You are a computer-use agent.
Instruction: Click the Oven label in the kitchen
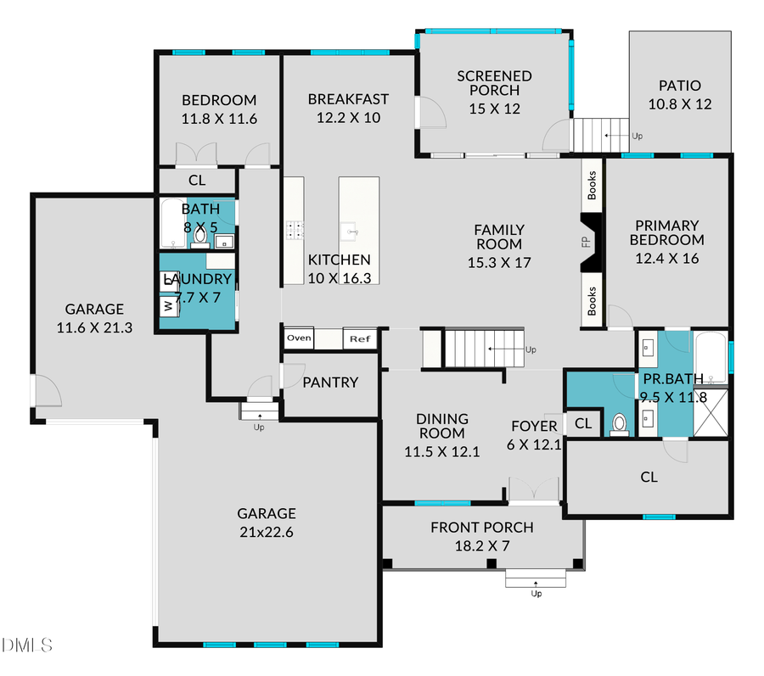click(299, 338)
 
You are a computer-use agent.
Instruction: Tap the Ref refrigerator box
click(358, 339)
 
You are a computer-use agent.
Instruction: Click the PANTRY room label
click(330, 383)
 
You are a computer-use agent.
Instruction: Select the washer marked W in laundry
click(168, 304)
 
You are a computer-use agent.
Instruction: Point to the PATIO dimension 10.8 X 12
click(679, 105)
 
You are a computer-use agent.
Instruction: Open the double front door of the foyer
click(533, 490)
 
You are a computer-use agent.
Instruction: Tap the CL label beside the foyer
click(583, 423)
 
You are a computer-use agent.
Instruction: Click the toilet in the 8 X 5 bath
click(200, 236)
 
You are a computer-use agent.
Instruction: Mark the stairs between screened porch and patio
click(600, 135)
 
